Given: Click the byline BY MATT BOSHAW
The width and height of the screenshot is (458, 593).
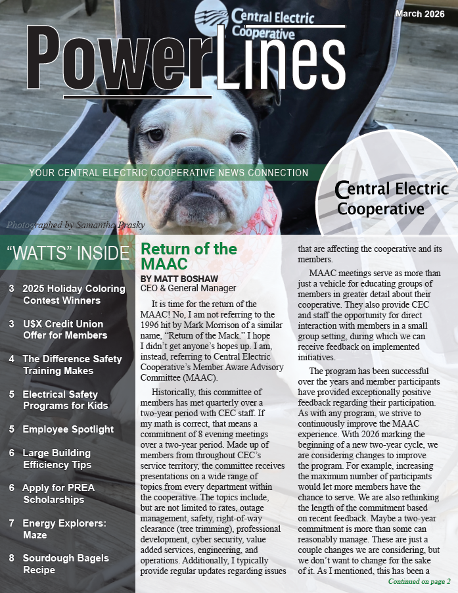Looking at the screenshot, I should [x=179, y=279].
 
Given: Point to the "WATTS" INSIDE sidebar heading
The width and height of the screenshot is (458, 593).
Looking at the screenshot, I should [x=68, y=252].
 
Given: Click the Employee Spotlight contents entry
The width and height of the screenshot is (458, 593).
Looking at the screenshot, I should [x=68, y=429].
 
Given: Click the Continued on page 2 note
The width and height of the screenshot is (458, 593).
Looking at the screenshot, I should [x=419, y=581].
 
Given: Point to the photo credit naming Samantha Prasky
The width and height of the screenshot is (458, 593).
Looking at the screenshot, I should [x=75, y=225].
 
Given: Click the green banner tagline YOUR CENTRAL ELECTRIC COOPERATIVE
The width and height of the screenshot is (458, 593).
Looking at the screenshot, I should [x=168, y=173].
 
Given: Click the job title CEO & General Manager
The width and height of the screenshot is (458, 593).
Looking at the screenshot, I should [x=188, y=288].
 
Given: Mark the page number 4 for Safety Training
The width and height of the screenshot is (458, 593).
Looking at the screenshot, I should [x=12, y=359].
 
